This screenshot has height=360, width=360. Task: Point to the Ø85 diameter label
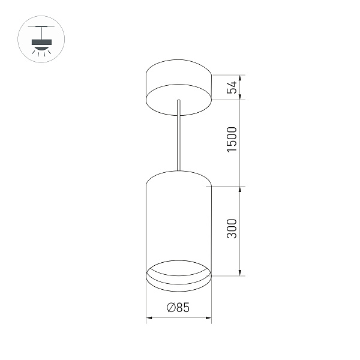coord(178,308)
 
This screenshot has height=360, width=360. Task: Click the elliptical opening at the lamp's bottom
coord(178,271)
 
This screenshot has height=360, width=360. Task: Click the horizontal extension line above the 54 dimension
coord(228,75)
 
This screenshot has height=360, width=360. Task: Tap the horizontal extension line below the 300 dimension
coord(228,276)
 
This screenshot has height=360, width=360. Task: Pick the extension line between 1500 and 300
coord(228,186)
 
